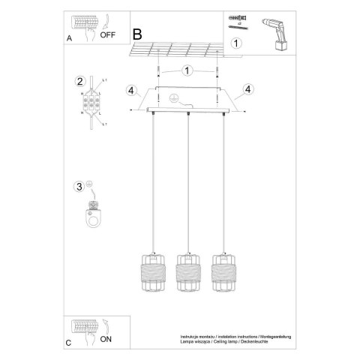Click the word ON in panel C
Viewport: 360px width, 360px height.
point(106,340)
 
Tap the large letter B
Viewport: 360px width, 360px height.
point(136,34)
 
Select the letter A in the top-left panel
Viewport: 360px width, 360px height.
point(70,37)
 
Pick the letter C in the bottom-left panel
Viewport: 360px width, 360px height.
point(68,343)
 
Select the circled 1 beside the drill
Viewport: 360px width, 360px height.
point(236,43)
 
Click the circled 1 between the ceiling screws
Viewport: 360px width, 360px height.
point(188,70)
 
